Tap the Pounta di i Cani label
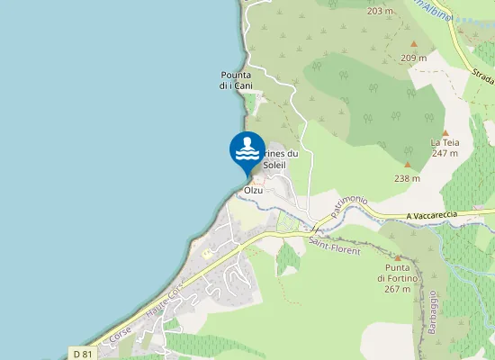pyautogui.click(x=236, y=80)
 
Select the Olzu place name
pyautogui.click(x=253, y=191)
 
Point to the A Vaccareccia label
pyautogui.click(x=432, y=215)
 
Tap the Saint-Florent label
pyautogui.click(x=334, y=245)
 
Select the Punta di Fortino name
pyautogui.click(x=397, y=274)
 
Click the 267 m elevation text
pyautogui.click(x=397, y=289)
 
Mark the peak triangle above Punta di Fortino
pyautogui.click(x=397, y=257)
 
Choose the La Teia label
pyautogui.click(x=445, y=142)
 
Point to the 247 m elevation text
pyautogui.click(x=445, y=153)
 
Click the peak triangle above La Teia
pyautogui.click(x=445, y=132)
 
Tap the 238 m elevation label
pyautogui.click(x=407, y=178)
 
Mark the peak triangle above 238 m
pyautogui.click(x=407, y=165)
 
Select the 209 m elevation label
pyautogui.click(x=414, y=58)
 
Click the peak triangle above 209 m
pyautogui.click(x=414, y=44)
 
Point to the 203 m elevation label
pyautogui.click(x=381, y=11)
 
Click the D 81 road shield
pyautogui.click(x=83, y=354)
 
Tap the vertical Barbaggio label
pyautogui.click(x=432, y=311)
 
